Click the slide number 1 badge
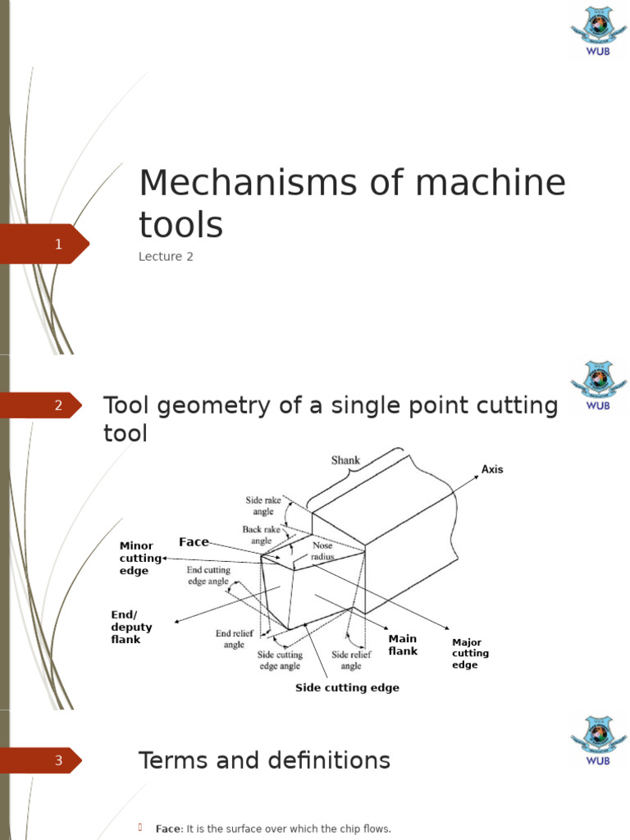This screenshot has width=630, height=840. (x=58, y=244)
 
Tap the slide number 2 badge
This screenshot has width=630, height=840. (x=58, y=405)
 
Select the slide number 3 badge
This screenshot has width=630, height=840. (x=58, y=760)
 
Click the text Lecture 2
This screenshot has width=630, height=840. (x=166, y=257)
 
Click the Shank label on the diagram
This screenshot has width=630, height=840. (x=345, y=460)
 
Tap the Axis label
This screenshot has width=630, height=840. (x=492, y=470)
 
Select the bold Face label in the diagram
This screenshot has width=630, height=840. (x=194, y=542)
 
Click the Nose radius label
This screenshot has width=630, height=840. (x=322, y=550)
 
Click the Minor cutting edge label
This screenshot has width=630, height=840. (x=140, y=558)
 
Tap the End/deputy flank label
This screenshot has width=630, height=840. (x=131, y=627)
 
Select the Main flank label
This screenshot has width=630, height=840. (x=403, y=645)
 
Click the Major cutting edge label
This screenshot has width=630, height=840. (x=470, y=654)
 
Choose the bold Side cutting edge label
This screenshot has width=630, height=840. (x=347, y=688)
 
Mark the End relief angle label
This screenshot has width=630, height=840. (x=235, y=639)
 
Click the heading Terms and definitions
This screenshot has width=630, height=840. (x=264, y=760)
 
